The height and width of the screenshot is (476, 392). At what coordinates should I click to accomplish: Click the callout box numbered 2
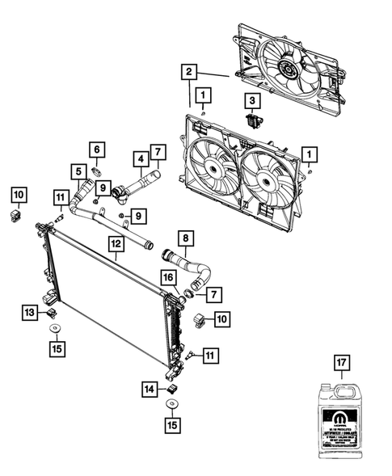coord(188,73)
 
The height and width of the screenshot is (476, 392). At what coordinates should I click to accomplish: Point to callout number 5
coord(78,171)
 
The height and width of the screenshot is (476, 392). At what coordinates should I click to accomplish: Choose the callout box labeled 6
coord(95,150)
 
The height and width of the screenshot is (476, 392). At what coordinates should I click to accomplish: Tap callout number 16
coord(168,277)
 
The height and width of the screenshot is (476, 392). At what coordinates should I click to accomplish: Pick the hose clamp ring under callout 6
coord(96,171)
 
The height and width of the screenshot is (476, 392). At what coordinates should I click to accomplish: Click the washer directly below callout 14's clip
coord(172,404)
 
